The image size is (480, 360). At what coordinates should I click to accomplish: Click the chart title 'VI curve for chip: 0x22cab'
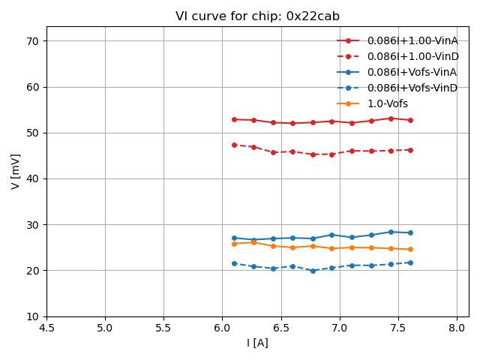[257, 16]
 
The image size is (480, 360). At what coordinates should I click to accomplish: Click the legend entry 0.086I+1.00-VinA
[412, 40]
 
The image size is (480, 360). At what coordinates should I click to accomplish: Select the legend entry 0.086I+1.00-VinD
[412, 56]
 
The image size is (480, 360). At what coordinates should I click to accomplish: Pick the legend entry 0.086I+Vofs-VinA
[412, 72]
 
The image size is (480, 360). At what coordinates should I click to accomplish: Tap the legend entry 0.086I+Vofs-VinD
[412, 88]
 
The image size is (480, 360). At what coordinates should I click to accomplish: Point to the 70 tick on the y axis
[34, 41]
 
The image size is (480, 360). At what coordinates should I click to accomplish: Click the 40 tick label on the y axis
[34, 179]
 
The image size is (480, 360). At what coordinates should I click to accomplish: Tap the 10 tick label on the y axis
[34, 316]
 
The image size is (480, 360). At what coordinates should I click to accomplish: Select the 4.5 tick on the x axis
[46, 328]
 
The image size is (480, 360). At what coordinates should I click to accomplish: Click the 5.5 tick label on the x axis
[163, 328]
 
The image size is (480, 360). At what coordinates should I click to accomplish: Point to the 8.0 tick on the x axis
[457, 328]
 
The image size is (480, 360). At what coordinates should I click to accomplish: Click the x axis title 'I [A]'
[257, 343]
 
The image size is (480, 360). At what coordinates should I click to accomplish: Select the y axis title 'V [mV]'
[16, 172]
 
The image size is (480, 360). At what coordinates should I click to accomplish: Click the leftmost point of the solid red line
[234, 119]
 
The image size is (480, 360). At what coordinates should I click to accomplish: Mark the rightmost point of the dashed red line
[410, 150]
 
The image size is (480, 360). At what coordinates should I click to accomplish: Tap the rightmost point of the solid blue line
[410, 232]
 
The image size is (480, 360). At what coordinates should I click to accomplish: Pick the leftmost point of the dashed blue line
[234, 263]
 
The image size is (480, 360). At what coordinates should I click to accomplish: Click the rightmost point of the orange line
[410, 249]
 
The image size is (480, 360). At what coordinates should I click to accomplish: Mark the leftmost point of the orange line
[234, 244]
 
